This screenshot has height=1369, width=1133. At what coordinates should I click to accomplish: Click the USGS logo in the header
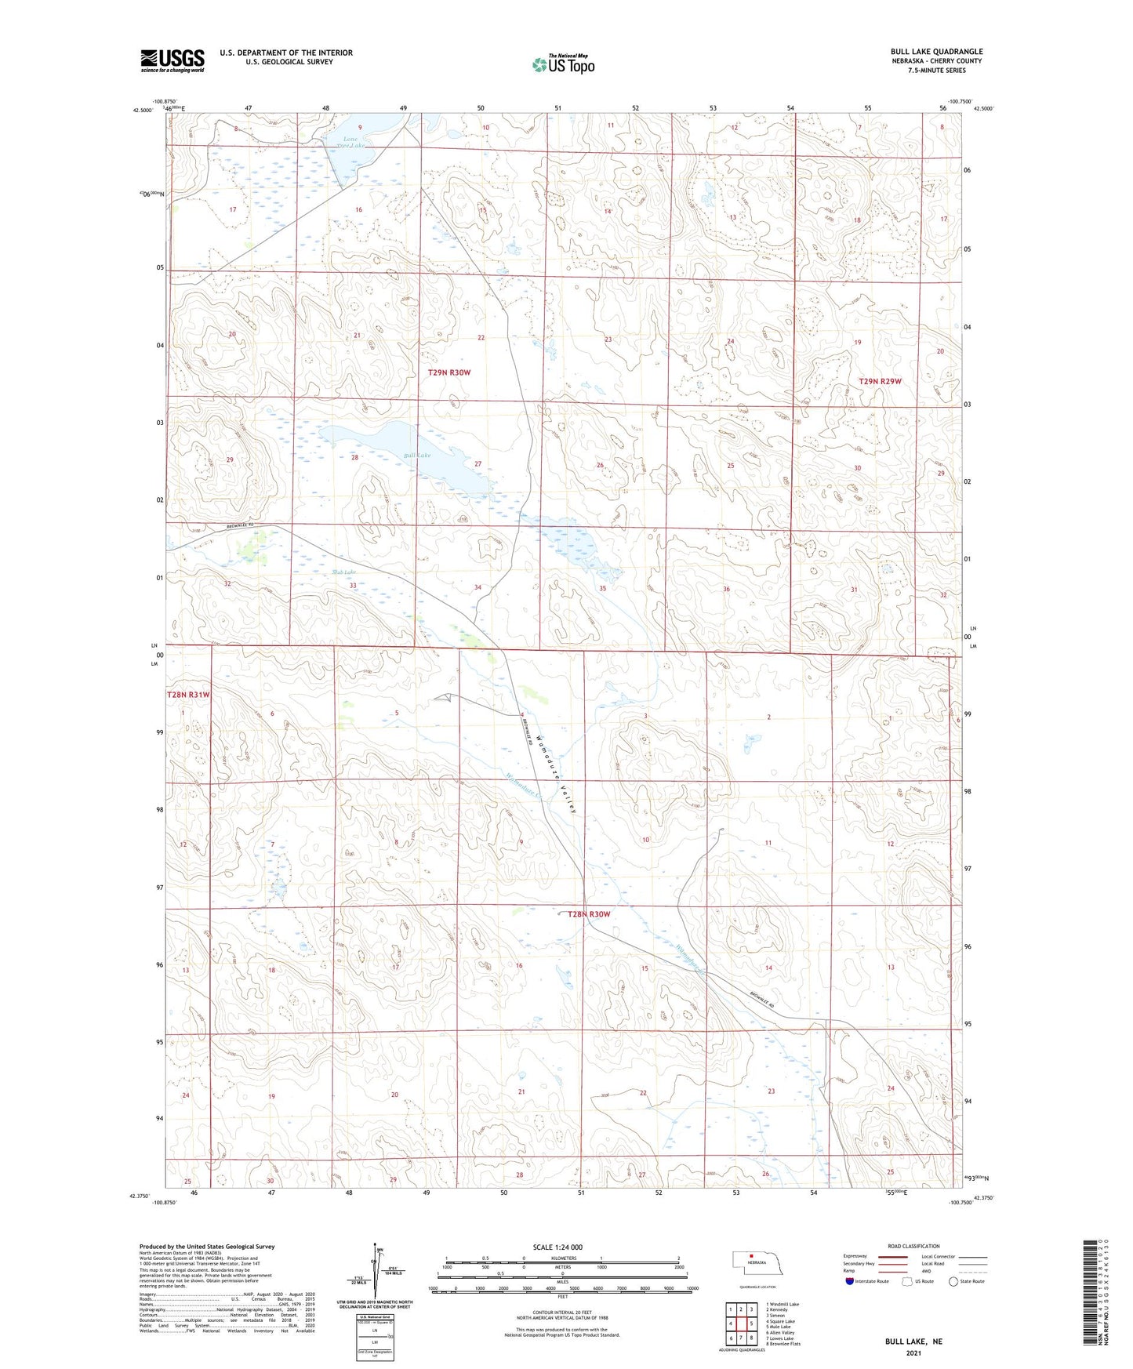point(172,60)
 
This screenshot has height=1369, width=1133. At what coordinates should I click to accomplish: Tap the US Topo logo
point(563,64)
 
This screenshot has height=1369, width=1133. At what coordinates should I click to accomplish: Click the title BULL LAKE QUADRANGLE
point(936,52)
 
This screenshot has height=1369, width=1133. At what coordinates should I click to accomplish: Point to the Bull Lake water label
point(417,456)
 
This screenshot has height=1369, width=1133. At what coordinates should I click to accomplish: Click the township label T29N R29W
point(881,381)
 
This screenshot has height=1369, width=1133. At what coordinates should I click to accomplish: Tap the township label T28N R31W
point(188,695)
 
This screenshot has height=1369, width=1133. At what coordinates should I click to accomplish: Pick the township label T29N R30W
point(449,372)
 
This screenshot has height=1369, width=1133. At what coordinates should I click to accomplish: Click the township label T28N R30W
point(589,914)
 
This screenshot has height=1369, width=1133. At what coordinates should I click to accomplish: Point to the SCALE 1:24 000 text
point(557,1247)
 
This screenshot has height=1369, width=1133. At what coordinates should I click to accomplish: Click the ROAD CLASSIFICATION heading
point(913,1246)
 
